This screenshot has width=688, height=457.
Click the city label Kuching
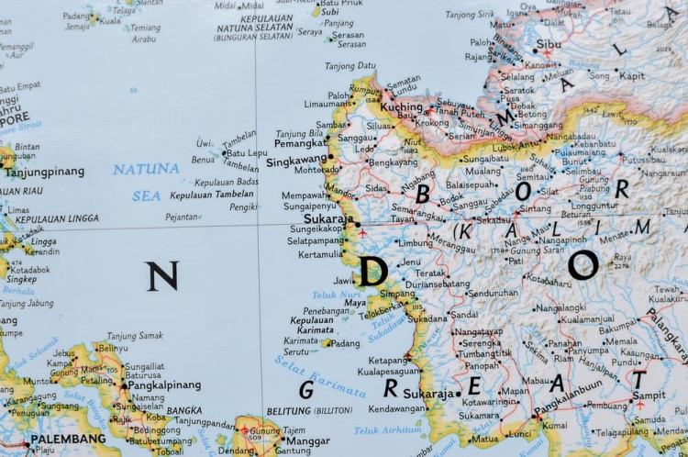click(x=402, y=107)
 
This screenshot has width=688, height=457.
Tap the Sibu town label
click(x=549, y=43)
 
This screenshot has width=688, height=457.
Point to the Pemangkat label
click(x=300, y=145)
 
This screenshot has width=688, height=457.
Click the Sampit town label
click(x=649, y=396)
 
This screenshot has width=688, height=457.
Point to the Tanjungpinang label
click(x=45, y=172)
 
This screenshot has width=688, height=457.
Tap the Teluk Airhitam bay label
click(x=388, y=429)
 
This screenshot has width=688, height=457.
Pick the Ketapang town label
click(x=388, y=361)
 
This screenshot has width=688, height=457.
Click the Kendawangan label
click(x=397, y=408)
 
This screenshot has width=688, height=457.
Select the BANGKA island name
click(x=184, y=410)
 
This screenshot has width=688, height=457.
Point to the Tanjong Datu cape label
click(x=350, y=66)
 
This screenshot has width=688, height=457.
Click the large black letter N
click(x=161, y=276)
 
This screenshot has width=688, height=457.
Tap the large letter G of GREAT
click(x=307, y=390)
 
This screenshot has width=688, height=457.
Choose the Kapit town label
click(x=631, y=76)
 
